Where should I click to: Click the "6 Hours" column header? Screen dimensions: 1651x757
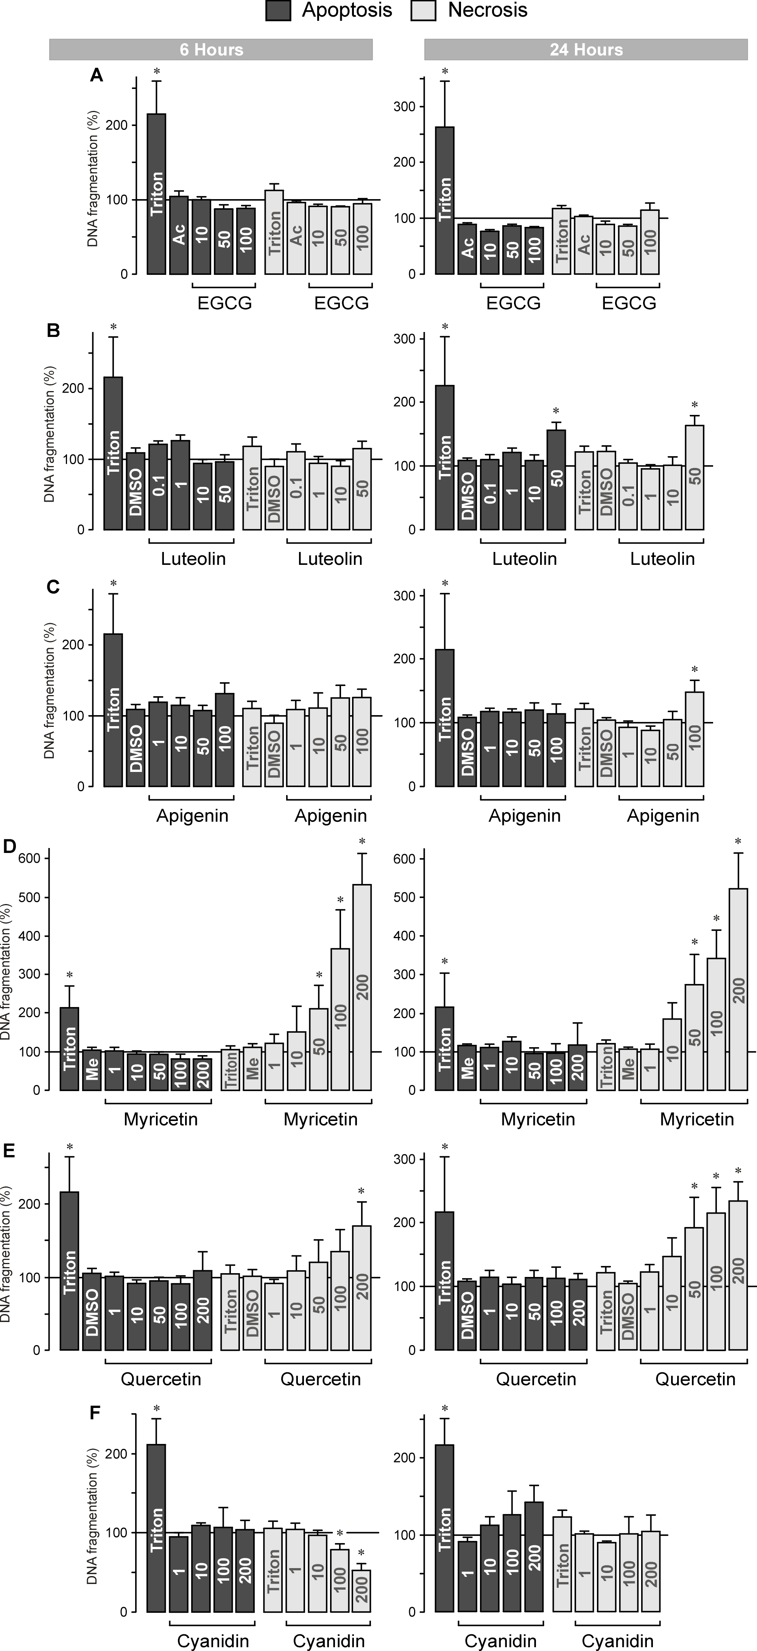click(x=211, y=49)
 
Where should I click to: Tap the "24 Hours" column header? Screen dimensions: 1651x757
click(x=586, y=49)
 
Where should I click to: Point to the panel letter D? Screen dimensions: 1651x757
click(x=9, y=847)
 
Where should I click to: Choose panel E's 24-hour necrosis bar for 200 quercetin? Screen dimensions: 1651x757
click(x=738, y=1282)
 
